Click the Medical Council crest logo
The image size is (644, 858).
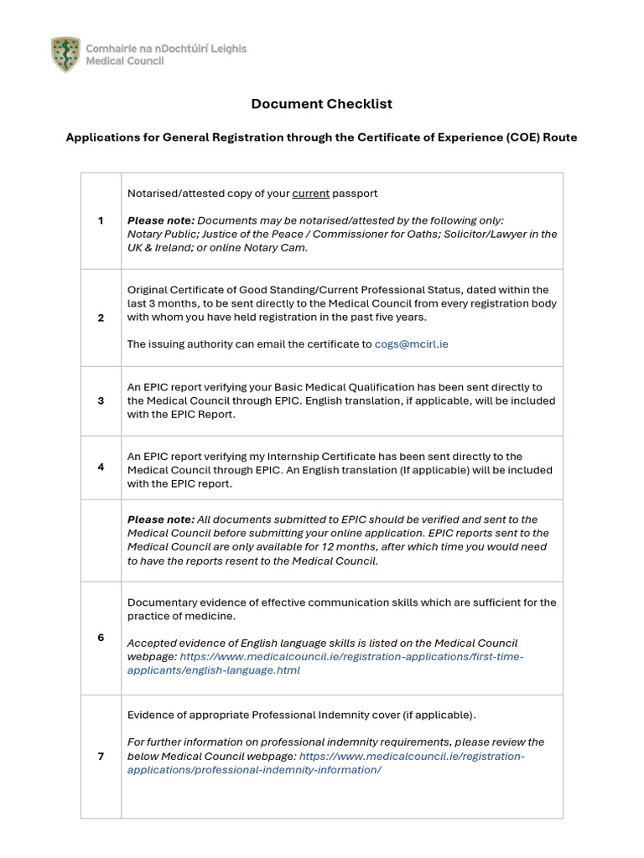65,54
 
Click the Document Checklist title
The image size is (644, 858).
321,104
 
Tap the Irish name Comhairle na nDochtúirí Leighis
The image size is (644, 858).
166,49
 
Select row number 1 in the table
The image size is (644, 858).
101,220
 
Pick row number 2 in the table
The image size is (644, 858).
101,318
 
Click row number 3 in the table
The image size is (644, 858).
101,401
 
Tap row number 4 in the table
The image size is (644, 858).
101,467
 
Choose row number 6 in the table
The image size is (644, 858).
101,638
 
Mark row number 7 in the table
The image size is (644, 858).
101,756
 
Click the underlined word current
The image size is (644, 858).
310,194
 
